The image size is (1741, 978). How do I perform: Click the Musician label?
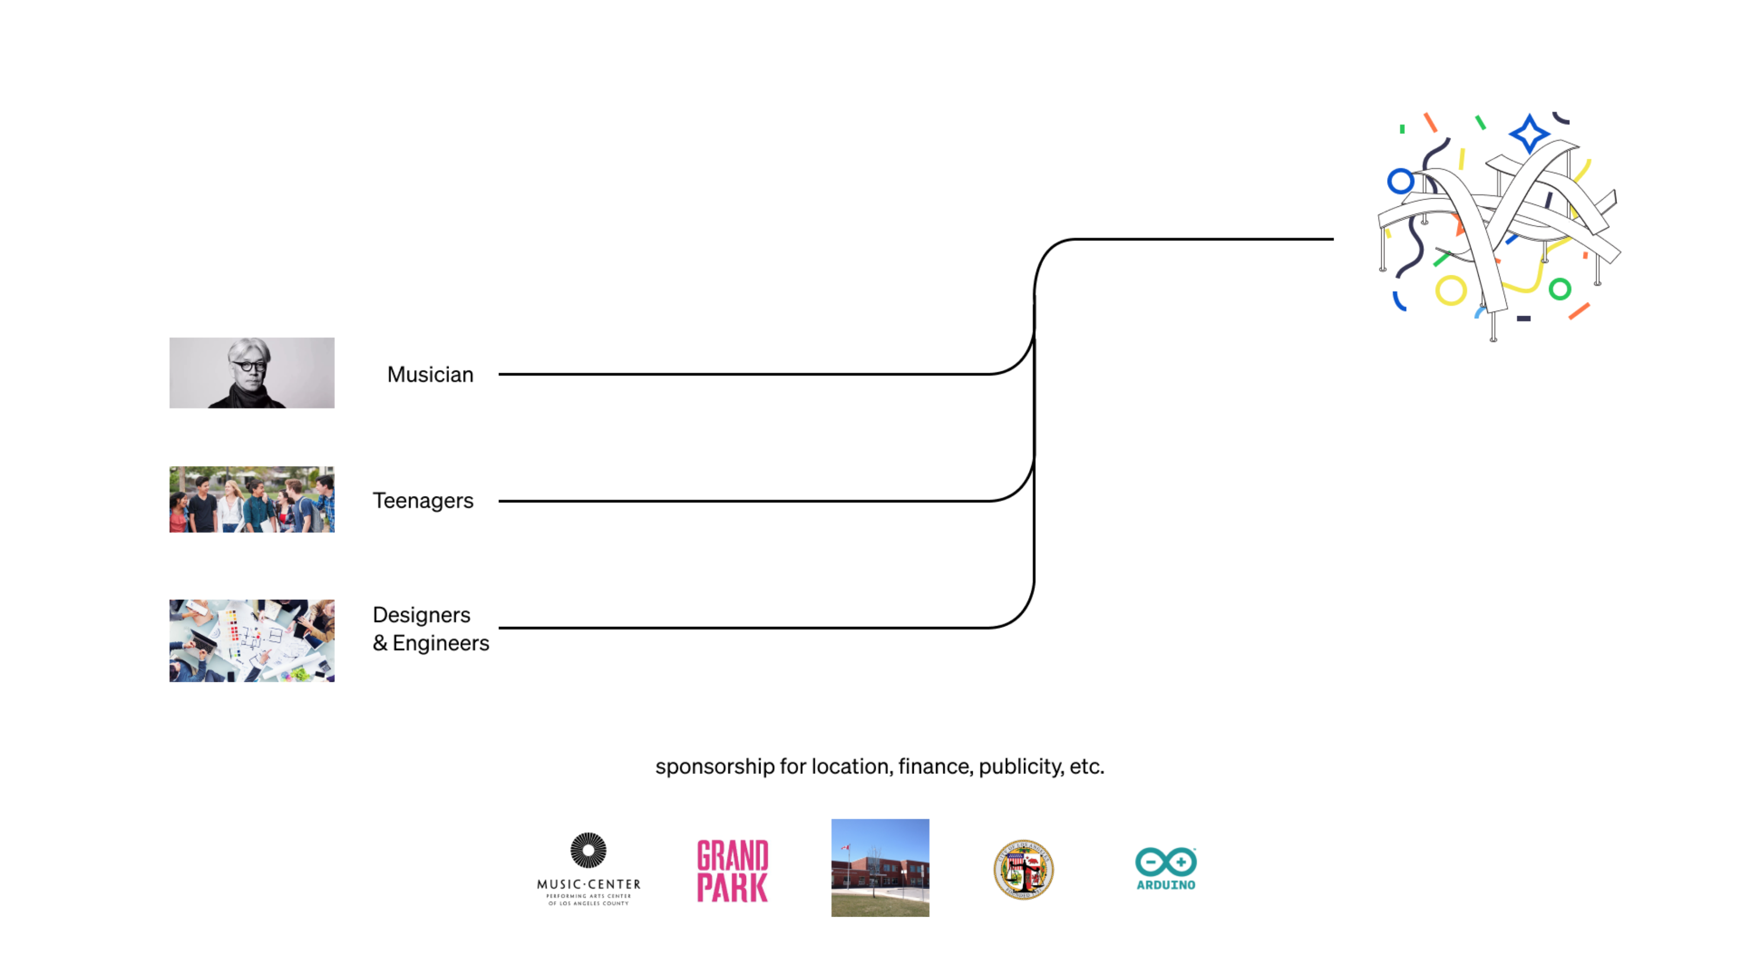pos(430,375)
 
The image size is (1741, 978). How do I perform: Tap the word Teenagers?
pos(423,501)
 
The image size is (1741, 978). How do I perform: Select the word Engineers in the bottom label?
pos(441,643)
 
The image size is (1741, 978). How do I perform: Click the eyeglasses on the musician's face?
pos(250,366)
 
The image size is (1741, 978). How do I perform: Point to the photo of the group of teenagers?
pos(251,500)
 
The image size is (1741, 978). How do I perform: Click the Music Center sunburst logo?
pos(588,850)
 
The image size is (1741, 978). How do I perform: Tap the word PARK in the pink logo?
pos(733,887)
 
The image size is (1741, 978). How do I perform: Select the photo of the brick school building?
pos(880,868)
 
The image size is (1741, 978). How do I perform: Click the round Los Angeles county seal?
pos(1023,869)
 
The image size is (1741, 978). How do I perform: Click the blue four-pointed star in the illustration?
pos(1529,133)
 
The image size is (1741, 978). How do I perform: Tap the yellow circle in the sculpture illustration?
pos(1451,291)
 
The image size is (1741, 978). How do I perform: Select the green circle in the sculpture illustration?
pos(1560,289)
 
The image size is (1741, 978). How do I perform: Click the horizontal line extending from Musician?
pos(743,374)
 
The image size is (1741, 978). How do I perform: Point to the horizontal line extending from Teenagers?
pos(743,501)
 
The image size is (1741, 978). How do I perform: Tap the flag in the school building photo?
pos(845,848)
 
